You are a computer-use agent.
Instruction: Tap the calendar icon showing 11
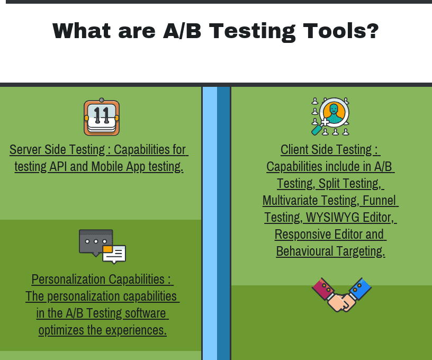pyautogui.click(x=102, y=118)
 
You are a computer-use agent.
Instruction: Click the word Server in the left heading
pyautogui.click(x=26, y=149)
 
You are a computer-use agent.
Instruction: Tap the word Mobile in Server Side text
pyautogui.click(x=108, y=166)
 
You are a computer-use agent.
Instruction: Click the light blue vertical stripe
pyautogui.click(x=210, y=222)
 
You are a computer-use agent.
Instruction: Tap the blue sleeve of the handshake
pyautogui.click(x=359, y=289)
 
